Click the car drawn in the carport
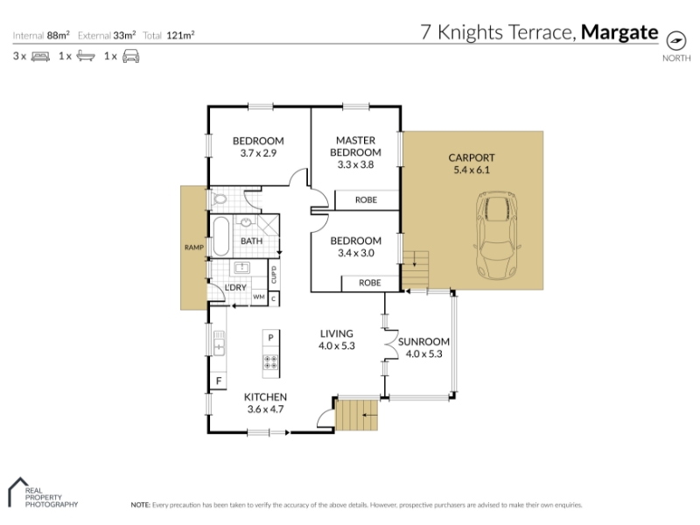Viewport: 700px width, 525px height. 497,235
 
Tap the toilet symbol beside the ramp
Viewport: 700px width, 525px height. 220,199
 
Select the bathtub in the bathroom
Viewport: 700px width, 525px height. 221,236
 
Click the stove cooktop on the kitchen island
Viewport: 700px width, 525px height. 270,361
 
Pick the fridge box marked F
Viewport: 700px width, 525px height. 218,381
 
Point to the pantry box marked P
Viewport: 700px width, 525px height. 270,338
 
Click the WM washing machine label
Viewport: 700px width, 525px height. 259,297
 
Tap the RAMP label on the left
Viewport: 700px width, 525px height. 194,248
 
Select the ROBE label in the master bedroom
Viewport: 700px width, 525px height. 366,200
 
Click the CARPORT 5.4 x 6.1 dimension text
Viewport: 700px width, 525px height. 472,170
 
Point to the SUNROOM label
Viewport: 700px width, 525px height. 423,342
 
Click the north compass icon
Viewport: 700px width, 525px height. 675,41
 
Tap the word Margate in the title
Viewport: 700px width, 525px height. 619,32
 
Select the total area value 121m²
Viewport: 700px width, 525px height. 180,35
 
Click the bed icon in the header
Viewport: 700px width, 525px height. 40,56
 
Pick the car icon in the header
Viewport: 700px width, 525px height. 130,56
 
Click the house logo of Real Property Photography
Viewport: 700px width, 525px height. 18,491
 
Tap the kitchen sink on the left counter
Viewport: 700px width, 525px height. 219,343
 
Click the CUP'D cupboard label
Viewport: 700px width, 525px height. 274,274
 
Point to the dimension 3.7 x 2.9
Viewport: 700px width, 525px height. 258,153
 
